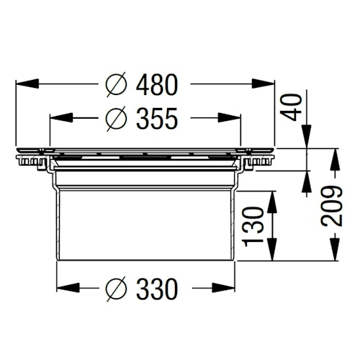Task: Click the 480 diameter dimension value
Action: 156,84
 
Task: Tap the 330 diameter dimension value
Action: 156,290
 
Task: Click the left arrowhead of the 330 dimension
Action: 63,289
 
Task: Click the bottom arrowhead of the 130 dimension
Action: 272,254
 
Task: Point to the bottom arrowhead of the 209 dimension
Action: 333,254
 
